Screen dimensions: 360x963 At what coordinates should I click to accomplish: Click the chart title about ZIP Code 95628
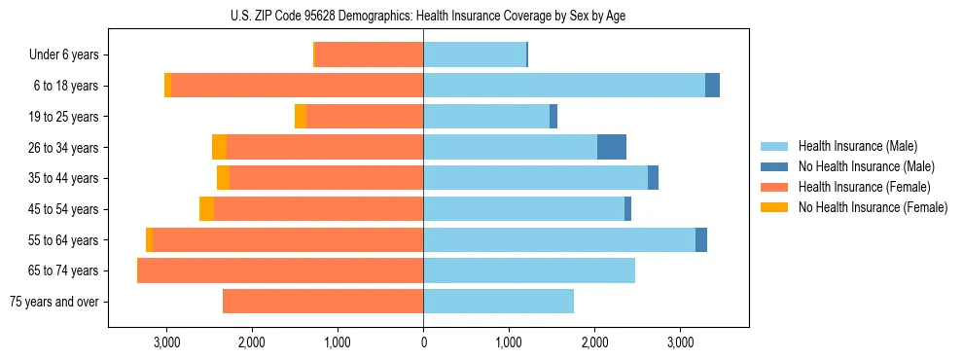tap(423, 16)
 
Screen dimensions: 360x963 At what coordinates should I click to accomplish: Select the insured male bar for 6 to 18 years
tap(564, 86)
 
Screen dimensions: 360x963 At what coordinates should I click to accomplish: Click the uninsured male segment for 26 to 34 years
tap(611, 147)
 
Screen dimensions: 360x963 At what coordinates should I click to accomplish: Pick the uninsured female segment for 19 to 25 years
tap(301, 117)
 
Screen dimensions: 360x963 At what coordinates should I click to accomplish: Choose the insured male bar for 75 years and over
tap(498, 302)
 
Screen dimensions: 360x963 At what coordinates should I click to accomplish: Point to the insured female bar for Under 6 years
tap(369, 55)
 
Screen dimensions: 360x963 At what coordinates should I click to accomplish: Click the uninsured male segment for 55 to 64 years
tap(700, 240)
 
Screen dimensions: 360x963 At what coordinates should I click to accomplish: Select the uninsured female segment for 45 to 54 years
tap(206, 209)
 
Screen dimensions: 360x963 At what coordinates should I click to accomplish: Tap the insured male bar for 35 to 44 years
tap(535, 178)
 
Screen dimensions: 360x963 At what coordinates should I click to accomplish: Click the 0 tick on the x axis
tap(423, 342)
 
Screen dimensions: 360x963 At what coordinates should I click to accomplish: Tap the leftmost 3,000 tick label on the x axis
tap(166, 342)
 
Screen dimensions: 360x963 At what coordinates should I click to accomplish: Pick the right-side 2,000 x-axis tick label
tap(594, 342)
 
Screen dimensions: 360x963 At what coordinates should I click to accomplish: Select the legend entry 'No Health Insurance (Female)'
tap(873, 207)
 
